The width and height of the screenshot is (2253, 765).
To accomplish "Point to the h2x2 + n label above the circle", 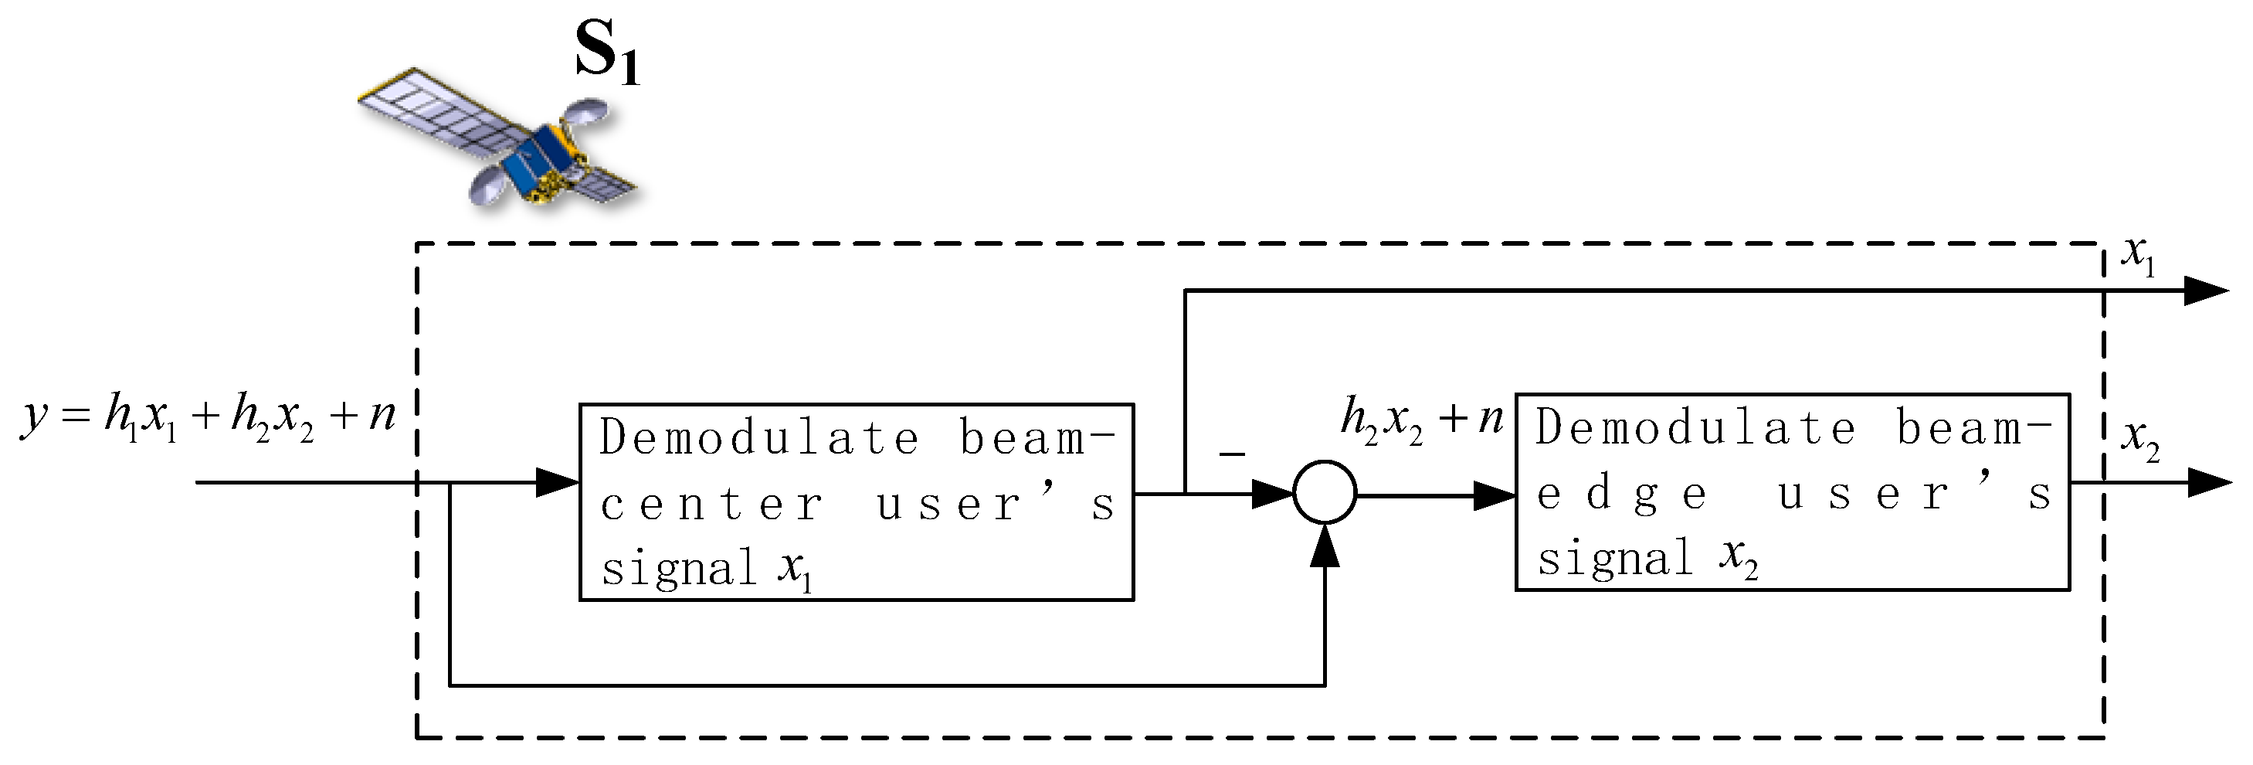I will tap(1420, 418).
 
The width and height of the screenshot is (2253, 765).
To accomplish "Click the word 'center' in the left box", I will tap(712, 505).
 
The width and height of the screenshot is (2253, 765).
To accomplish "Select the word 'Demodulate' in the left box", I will tap(759, 438).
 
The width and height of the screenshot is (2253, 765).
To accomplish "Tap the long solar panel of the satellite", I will tap(437, 114).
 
